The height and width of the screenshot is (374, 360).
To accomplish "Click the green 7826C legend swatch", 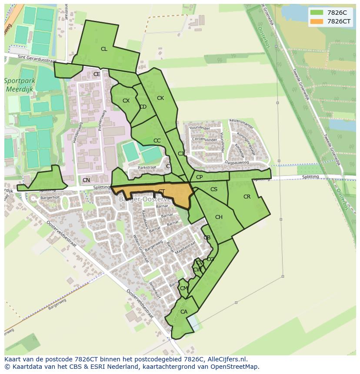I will click(317, 13).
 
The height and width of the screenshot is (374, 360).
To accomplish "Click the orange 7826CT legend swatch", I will click(317, 21).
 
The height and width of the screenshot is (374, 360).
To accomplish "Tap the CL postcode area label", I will click(104, 49).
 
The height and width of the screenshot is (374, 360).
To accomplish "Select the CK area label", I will click(160, 98).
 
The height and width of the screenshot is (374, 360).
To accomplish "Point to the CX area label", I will click(126, 101).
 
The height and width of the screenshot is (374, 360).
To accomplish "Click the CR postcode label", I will click(247, 197).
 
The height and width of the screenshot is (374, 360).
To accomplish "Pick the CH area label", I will click(219, 217).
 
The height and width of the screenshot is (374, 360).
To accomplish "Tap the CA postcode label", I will click(184, 312).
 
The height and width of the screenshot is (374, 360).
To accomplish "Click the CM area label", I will click(183, 288).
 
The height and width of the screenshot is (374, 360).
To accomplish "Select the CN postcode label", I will click(86, 180).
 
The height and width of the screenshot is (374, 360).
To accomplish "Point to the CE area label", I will click(97, 74).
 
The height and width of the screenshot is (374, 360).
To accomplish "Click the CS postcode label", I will click(214, 189).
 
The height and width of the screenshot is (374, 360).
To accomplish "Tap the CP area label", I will click(199, 177).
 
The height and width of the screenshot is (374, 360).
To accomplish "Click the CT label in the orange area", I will click(161, 192).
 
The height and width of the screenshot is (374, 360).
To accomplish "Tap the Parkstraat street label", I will click(147, 167).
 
